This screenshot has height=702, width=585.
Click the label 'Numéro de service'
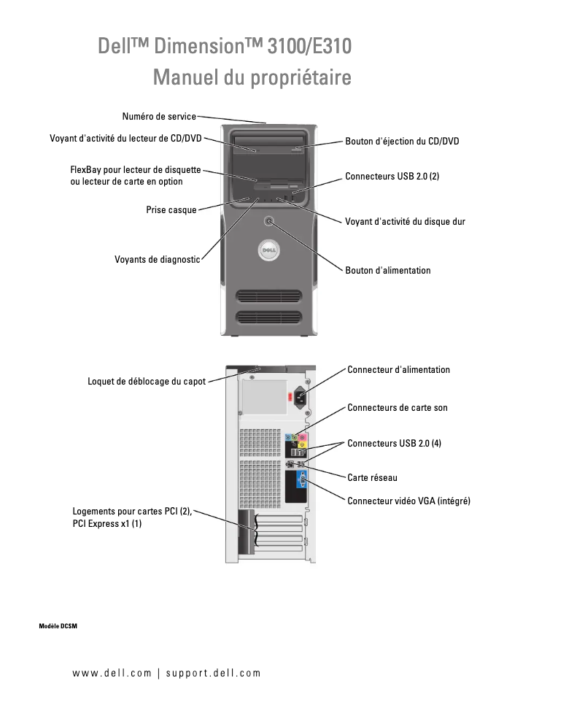(x=159, y=116)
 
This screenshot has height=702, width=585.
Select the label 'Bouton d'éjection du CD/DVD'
(x=402, y=142)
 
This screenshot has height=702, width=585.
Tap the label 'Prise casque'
(x=171, y=210)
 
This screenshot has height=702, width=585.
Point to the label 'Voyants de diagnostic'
(x=157, y=259)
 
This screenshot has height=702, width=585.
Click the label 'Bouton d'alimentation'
(x=387, y=270)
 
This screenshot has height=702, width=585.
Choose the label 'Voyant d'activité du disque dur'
(x=405, y=221)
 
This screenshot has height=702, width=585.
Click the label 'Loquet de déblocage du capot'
(x=147, y=381)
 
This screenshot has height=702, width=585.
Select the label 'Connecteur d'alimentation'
(x=398, y=370)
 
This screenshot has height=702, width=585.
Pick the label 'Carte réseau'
(x=372, y=477)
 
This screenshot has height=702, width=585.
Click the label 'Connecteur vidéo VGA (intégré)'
(x=408, y=501)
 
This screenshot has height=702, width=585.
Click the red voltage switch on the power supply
(x=290, y=398)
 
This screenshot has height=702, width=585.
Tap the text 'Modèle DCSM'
(x=58, y=627)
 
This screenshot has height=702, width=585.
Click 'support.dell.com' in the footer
(x=213, y=673)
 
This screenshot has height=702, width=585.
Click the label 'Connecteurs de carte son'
(x=397, y=407)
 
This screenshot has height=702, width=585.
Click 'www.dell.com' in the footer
(x=112, y=673)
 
